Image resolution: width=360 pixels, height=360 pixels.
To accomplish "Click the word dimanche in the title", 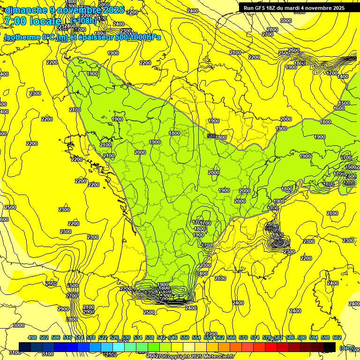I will [x=25, y=10].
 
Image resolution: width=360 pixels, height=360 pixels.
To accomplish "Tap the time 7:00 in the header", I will [x=16, y=21].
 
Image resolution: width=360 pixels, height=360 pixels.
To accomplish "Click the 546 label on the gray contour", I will [x=212, y=136].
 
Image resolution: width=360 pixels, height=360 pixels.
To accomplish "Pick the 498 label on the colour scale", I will [x=32, y=337].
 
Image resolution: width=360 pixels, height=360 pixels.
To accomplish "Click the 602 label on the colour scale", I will [x=337, y=337].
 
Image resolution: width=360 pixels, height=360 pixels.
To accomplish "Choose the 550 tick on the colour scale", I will [x=185, y=337].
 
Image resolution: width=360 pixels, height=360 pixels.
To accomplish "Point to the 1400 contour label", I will [x=343, y=76].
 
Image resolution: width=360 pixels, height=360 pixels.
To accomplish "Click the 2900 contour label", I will [x=63, y=309].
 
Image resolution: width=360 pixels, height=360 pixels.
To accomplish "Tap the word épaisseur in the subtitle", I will [x=92, y=37].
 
